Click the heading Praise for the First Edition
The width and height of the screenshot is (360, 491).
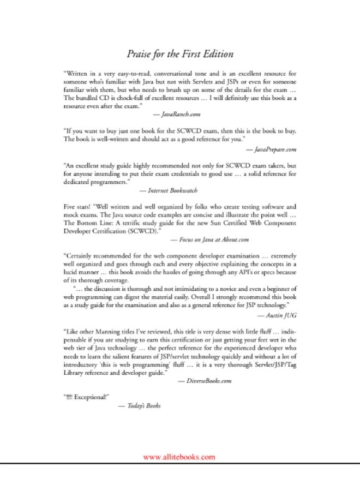coord(180,54)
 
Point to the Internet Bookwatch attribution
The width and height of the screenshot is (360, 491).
coord(168,191)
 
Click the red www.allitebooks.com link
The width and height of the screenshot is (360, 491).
coord(179,457)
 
